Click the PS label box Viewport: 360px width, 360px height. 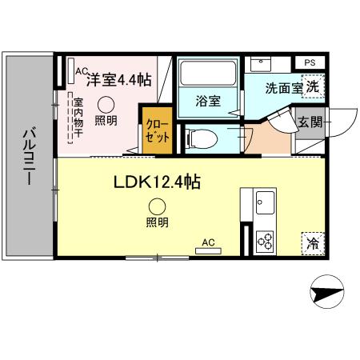(x=309, y=62)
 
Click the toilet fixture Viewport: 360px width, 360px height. (x=202, y=138)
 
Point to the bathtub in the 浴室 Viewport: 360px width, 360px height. (x=206, y=74)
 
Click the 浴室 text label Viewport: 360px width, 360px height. (x=208, y=102)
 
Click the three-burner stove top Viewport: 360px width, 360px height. (x=264, y=239)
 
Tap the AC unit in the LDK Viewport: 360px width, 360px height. (x=208, y=249)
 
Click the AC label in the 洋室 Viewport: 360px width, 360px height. (x=80, y=70)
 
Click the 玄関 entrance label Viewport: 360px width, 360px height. (x=310, y=122)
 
